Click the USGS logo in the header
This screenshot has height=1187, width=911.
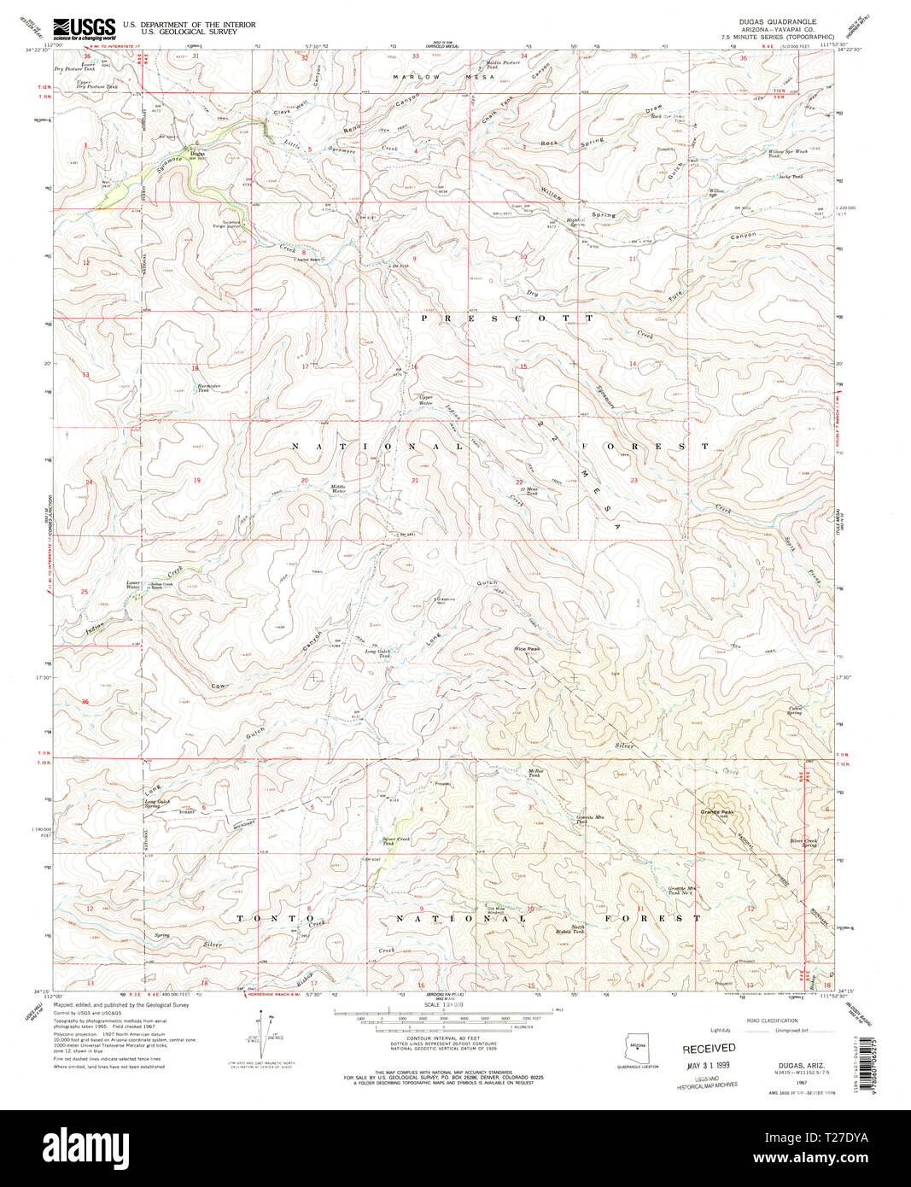[x=84, y=29]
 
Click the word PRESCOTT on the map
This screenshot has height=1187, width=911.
[x=505, y=318]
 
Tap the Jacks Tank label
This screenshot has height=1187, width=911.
[x=791, y=177]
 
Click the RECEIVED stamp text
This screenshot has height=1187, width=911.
[x=709, y=1048]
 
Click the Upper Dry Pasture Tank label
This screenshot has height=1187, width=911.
[x=96, y=85]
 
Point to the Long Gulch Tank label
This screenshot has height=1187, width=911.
[x=378, y=652]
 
